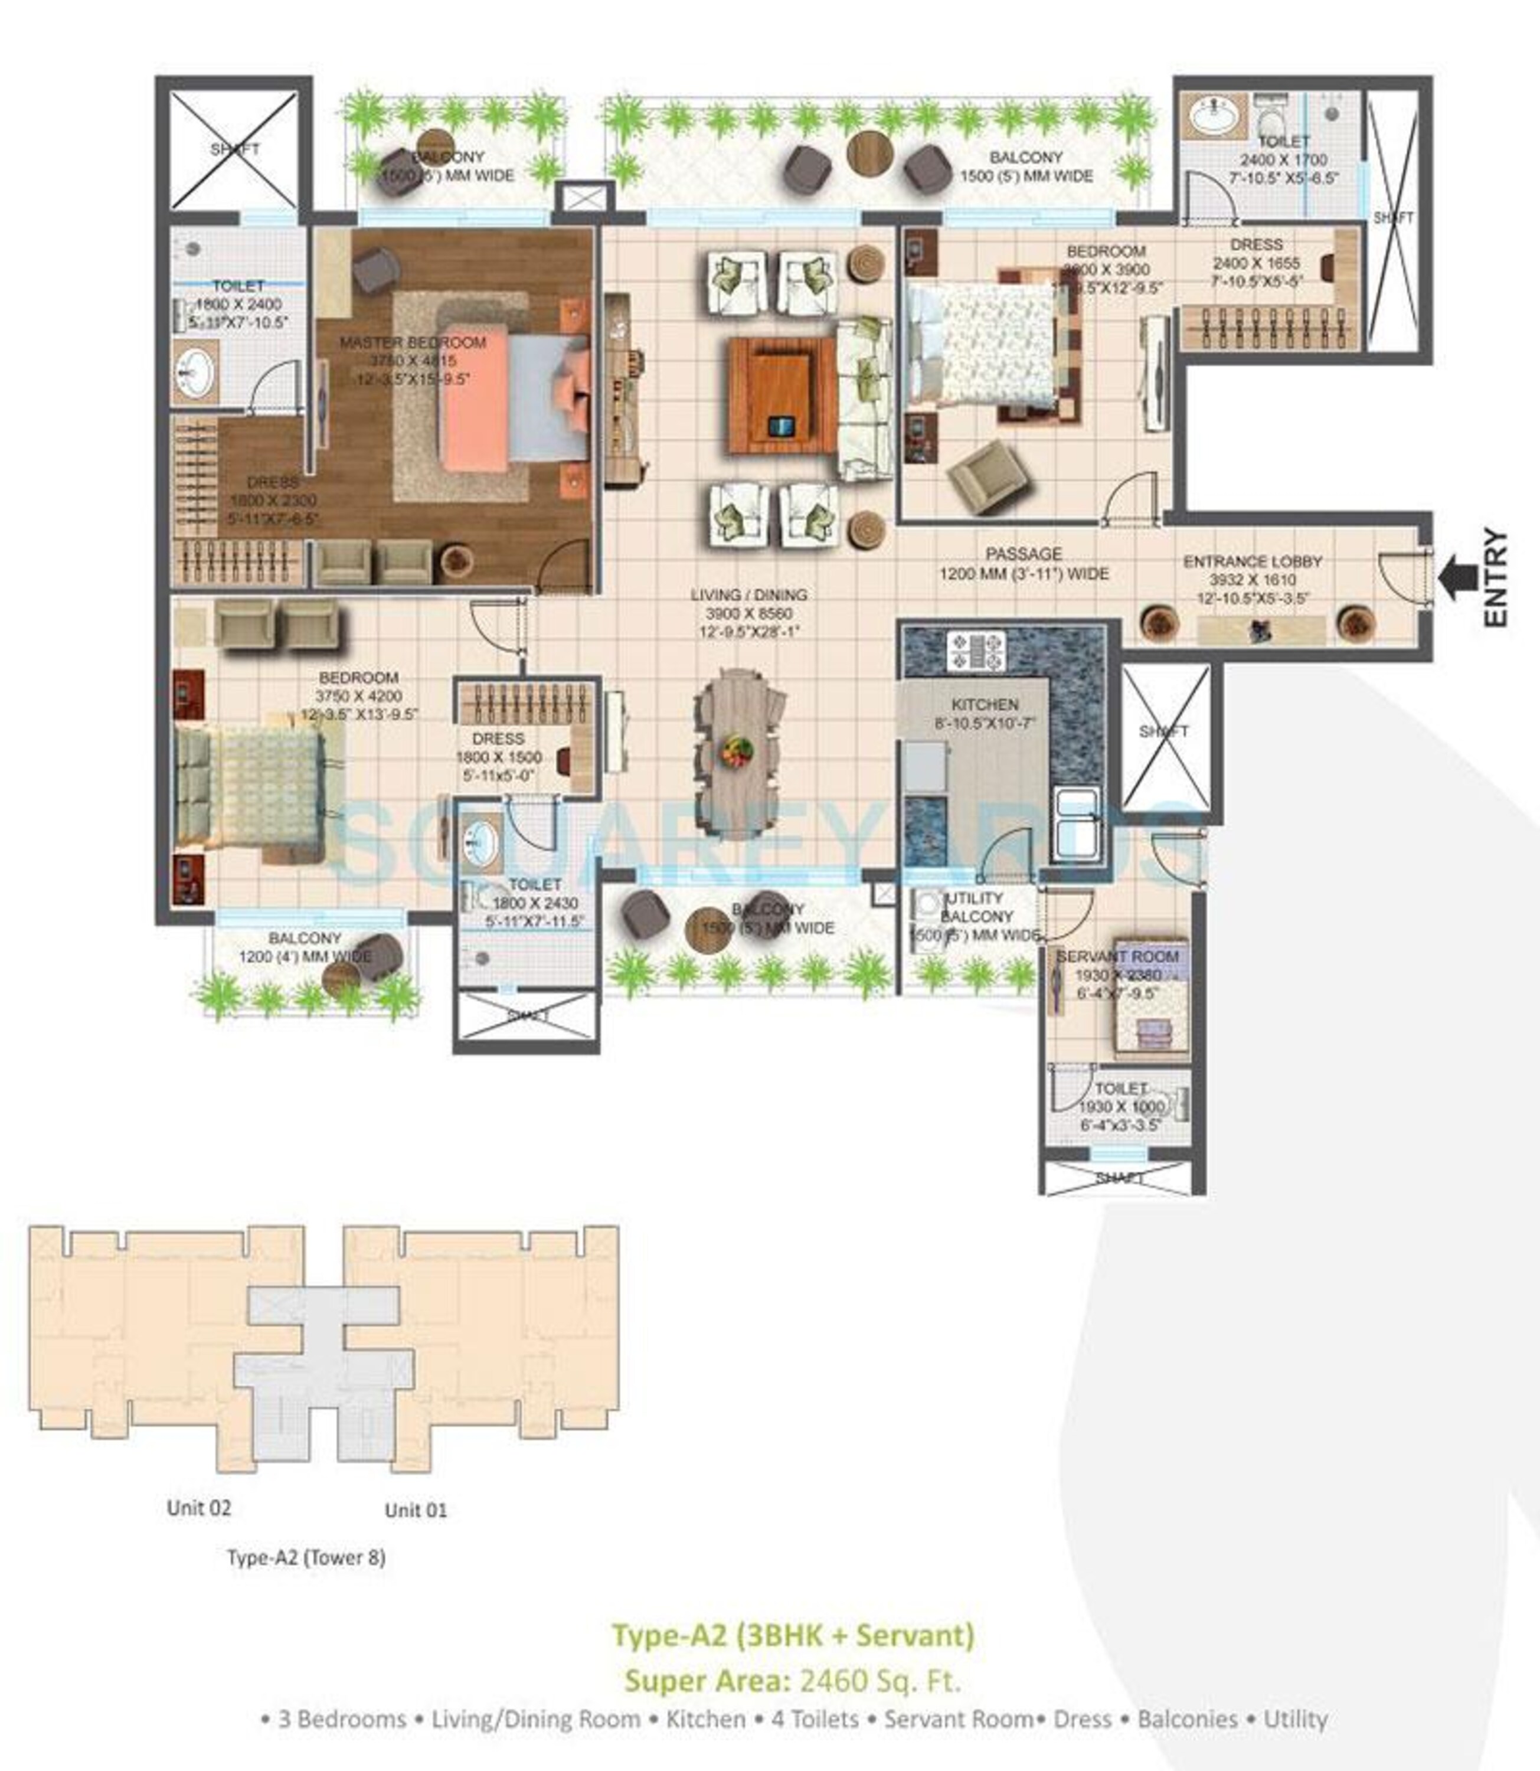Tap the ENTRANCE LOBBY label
point(1252,561)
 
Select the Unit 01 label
point(416,1509)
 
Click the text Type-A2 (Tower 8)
point(306,1557)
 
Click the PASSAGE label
point(1024,554)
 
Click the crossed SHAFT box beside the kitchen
point(1165,732)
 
